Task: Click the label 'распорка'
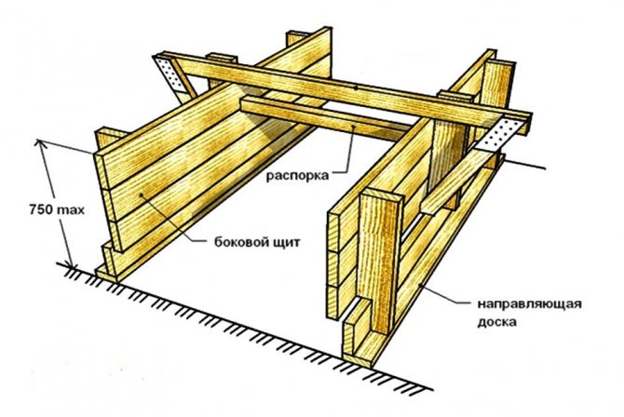coord(297,176)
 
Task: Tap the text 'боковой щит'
coord(257,242)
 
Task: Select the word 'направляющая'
coord(529,304)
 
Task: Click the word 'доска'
coord(497,321)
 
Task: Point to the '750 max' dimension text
coord(57,209)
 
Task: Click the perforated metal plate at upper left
coord(170,74)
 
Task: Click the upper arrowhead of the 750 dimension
coord(39,143)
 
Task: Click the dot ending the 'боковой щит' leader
coord(141,195)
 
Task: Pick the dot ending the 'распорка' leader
coord(354,128)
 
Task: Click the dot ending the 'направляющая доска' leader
coord(421,284)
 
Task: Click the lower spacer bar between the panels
coord(326,118)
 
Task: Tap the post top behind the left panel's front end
coord(107,138)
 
